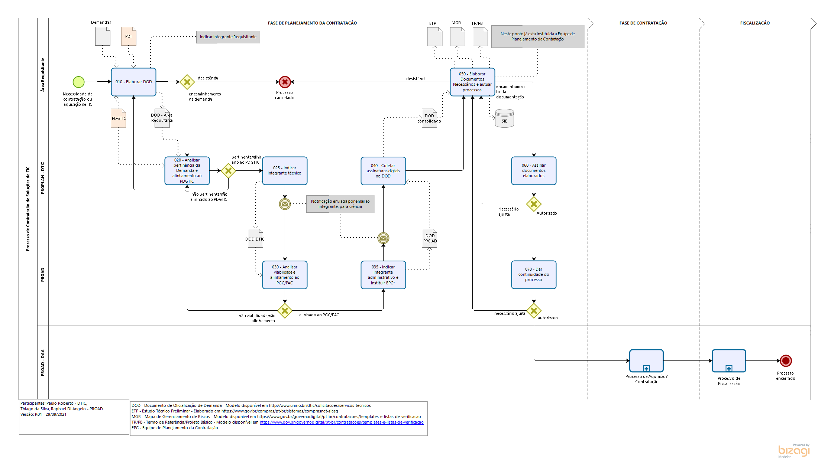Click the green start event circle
[78, 82]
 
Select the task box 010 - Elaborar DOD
[133, 82]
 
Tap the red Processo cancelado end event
[285, 82]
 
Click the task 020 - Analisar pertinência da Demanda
[187, 171]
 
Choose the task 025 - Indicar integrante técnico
[285, 171]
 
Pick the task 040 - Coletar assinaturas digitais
[383, 171]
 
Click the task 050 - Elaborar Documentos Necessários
[472, 82]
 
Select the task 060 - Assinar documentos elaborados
[534, 171]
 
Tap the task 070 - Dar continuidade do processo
[534, 275]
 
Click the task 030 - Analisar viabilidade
[285, 275]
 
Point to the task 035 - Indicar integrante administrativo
[383, 275]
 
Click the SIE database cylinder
[504, 118]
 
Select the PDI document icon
[129, 36]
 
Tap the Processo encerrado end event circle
[786, 360]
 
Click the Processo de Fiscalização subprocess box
[729, 360]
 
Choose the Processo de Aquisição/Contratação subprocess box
[646, 360]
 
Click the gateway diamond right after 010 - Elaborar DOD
[187, 82]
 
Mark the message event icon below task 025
[285, 204]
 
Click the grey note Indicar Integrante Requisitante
[228, 37]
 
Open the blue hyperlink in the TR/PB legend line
[341, 422]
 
